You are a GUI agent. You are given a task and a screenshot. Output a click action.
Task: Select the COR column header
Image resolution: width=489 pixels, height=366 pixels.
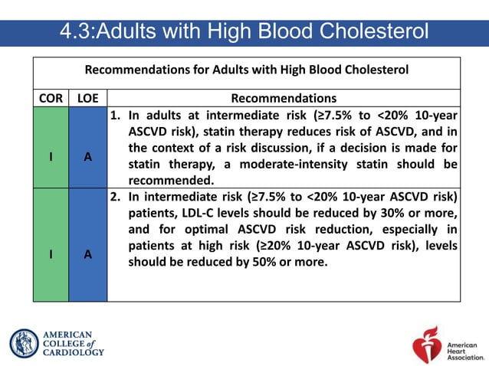point(51,99)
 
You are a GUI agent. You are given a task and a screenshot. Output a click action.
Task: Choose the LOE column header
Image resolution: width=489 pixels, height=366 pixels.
point(88,99)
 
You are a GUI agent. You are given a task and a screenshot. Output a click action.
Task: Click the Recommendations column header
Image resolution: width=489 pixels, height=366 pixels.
point(284,99)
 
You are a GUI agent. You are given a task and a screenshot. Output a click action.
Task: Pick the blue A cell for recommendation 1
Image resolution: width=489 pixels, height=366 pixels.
point(88,156)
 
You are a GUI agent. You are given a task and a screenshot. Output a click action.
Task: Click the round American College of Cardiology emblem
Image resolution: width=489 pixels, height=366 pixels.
point(24,343)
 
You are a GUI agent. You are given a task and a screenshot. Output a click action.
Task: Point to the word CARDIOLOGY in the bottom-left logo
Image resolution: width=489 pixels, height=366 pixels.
point(73,352)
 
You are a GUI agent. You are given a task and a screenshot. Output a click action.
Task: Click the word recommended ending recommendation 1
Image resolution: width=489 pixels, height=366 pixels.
point(171,181)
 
